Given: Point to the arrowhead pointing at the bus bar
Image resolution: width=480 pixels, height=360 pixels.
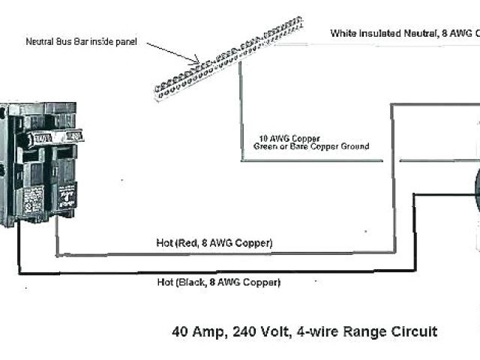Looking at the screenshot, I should click(196, 61).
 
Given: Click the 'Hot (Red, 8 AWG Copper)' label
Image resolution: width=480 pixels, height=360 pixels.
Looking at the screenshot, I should click(214, 243).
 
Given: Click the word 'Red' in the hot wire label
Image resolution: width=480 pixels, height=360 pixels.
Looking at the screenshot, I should click(185, 243).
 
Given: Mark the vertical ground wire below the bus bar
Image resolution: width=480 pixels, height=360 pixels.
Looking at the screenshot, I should click(241, 112).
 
